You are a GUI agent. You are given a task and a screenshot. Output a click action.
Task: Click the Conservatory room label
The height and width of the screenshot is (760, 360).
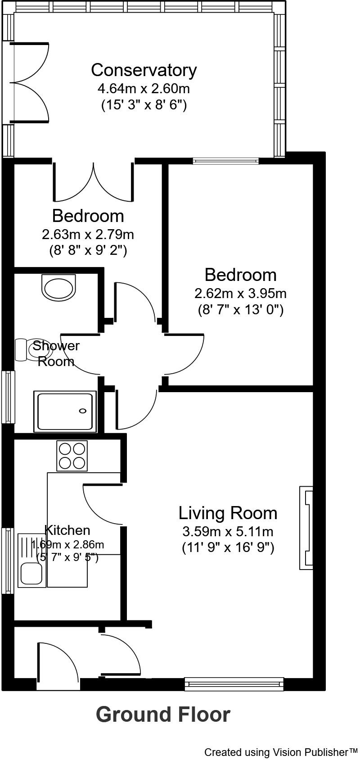(x=144, y=70)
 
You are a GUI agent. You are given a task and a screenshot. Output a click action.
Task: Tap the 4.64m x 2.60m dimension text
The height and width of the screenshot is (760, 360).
(x=144, y=88)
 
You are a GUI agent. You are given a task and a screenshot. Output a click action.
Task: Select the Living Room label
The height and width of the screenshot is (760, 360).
(x=228, y=513)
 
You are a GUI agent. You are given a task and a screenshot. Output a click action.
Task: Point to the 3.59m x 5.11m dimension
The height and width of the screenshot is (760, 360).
(x=228, y=531)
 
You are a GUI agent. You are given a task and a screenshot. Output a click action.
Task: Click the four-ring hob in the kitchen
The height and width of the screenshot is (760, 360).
(x=72, y=456)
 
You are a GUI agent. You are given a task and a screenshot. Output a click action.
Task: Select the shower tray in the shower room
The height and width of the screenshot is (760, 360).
(x=66, y=411)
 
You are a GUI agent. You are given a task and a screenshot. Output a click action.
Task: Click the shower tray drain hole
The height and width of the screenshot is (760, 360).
(x=83, y=411)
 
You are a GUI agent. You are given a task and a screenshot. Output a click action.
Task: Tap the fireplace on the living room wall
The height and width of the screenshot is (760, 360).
(x=306, y=528)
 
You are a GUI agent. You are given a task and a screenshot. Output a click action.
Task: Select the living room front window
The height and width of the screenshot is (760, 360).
(x=234, y=684)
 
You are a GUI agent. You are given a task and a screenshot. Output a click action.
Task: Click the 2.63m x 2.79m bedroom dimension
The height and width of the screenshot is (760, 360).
(x=88, y=235)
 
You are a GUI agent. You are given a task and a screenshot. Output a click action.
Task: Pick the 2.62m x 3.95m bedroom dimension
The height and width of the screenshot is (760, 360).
(x=240, y=294)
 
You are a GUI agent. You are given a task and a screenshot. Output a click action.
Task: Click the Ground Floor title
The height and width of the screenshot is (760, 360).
(x=163, y=715)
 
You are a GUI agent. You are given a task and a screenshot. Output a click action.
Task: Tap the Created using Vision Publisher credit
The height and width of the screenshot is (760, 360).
(x=281, y=752)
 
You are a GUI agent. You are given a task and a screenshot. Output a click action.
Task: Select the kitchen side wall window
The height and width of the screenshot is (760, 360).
(x=8, y=561)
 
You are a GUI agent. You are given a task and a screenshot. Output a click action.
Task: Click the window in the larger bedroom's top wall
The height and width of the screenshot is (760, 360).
(x=226, y=161)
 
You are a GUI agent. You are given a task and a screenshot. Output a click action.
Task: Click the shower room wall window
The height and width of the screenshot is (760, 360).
(x=8, y=396)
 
